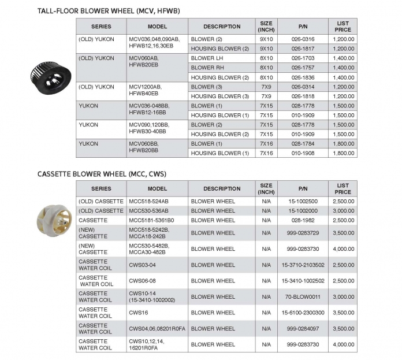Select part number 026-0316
pos(303,39)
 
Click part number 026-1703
pos(303,58)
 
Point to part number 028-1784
pos(303,143)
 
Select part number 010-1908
pos(303,153)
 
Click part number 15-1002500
pos(303,201)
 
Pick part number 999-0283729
pos(303,233)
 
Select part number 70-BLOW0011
pos(303,296)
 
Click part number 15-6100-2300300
pos(303,313)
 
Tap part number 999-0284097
pos(303,328)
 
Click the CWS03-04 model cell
pos(142,265)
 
